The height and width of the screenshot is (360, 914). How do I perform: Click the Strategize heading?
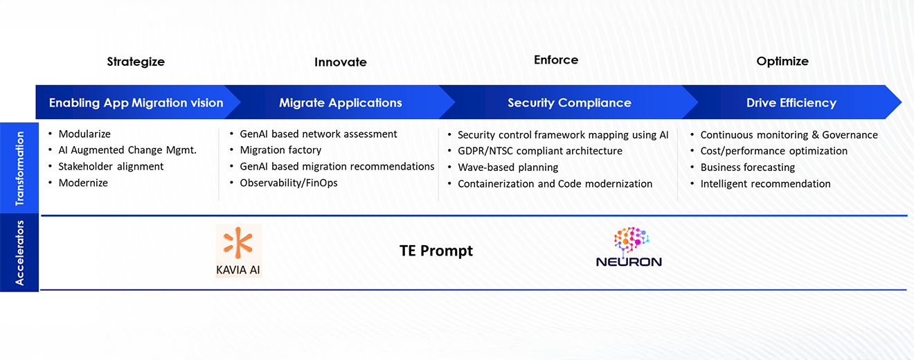[x=136, y=62]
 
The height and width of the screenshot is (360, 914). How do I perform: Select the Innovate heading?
[x=340, y=62]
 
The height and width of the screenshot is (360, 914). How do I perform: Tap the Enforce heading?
[x=555, y=60]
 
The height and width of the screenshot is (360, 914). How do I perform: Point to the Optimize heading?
[x=782, y=62]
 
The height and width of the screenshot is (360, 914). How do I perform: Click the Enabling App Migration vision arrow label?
[x=136, y=103]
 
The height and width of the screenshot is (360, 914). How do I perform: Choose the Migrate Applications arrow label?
[x=340, y=103]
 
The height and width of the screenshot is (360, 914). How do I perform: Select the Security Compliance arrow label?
[x=569, y=103]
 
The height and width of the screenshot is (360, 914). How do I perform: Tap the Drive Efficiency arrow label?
[x=791, y=103]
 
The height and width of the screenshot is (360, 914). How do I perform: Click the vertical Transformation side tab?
[x=19, y=168]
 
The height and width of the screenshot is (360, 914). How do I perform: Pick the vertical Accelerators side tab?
[x=19, y=253]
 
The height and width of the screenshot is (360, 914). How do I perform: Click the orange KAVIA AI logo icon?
[x=238, y=242]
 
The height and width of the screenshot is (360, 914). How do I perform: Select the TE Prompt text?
[x=436, y=251]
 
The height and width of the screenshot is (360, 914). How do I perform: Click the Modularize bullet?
[x=84, y=134]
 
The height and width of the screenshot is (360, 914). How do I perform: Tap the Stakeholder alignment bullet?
[x=111, y=167]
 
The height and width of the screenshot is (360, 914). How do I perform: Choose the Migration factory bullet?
[x=280, y=150]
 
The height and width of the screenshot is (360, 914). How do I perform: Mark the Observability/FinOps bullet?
[x=289, y=183]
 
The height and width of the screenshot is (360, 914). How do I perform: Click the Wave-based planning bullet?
[x=508, y=168]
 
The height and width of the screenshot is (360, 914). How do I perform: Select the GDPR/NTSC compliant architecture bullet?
[x=539, y=151]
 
